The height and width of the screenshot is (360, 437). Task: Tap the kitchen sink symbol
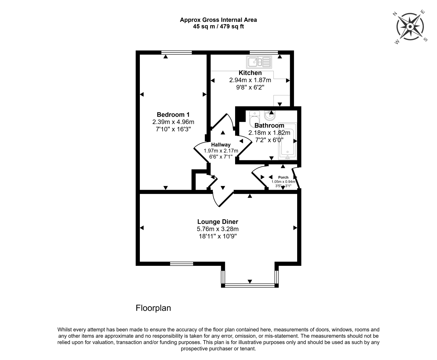(259, 62)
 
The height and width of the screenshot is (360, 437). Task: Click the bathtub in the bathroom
(287, 141)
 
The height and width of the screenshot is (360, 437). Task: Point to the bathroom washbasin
(270, 116)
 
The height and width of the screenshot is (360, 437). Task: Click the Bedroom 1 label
(171, 115)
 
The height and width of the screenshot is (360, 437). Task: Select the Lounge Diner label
(218, 222)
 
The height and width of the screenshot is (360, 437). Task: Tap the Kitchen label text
(250, 73)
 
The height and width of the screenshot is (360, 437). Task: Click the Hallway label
(221, 145)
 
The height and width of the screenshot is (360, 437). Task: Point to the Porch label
(283, 177)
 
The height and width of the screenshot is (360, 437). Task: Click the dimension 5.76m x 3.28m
(218, 229)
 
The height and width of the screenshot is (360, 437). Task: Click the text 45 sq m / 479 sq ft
(218, 27)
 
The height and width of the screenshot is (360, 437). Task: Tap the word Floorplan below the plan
(153, 308)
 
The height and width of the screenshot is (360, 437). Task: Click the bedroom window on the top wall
(177, 52)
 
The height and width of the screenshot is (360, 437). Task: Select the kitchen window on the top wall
(264, 52)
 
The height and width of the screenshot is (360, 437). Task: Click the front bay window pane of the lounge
(250, 285)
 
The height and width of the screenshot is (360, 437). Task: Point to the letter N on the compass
(395, 14)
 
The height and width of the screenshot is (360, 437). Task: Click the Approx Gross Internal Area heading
(218, 20)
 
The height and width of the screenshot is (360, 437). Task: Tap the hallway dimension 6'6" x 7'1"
(221, 157)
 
